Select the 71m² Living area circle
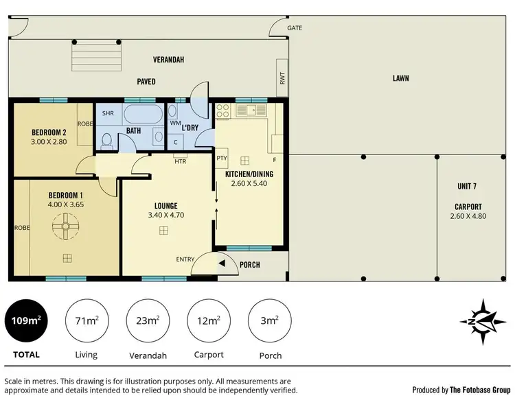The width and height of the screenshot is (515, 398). click(x=86, y=321)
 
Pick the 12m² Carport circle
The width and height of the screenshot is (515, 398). click(x=209, y=321)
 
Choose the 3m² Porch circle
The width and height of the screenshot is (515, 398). click(x=270, y=321)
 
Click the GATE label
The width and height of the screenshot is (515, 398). click(x=295, y=28)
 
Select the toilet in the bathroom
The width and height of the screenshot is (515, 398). click(x=106, y=141)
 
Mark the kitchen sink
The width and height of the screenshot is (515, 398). click(x=252, y=110)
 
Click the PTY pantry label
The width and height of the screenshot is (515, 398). click(x=222, y=158)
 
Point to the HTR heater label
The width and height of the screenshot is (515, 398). click(x=181, y=162)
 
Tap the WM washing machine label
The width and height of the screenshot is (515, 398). click(x=174, y=123)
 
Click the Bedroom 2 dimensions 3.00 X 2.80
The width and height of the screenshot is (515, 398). click(x=49, y=142)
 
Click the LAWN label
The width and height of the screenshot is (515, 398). click(x=401, y=78)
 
